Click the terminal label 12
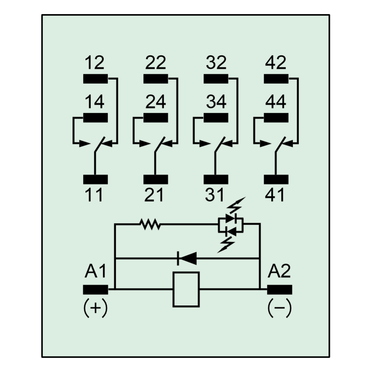(x=94, y=62)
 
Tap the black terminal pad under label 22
(x=155, y=79)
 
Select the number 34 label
(x=216, y=102)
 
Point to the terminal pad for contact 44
(x=276, y=118)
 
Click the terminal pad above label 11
(x=95, y=179)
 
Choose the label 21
(x=154, y=195)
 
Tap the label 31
(x=215, y=195)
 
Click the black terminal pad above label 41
(x=276, y=179)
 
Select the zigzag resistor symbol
(x=150, y=224)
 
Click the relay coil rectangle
(x=186, y=289)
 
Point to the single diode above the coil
(x=187, y=259)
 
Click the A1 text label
(x=95, y=271)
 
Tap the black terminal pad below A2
(x=280, y=290)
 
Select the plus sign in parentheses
(x=95, y=308)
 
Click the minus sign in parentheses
(x=280, y=308)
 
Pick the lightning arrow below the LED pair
(x=226, y=245)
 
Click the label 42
(x=276, y=62)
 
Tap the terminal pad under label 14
(x=95, y=118)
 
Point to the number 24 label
(x=155, y=102)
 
